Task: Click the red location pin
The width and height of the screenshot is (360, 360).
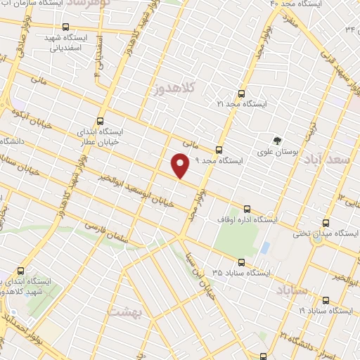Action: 181,166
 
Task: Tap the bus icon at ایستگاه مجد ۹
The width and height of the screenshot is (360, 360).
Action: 219,150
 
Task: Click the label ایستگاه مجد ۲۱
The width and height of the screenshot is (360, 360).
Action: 242,104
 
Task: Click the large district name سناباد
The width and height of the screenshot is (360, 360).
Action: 292,288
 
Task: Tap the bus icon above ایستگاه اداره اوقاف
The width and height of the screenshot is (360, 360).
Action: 247,209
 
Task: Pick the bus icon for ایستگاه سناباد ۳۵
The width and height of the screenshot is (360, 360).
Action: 241,260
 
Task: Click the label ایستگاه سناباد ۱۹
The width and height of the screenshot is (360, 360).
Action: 324,309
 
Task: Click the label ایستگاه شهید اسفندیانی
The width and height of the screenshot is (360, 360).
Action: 65,42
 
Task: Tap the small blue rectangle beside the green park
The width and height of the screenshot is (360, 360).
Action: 264,248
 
